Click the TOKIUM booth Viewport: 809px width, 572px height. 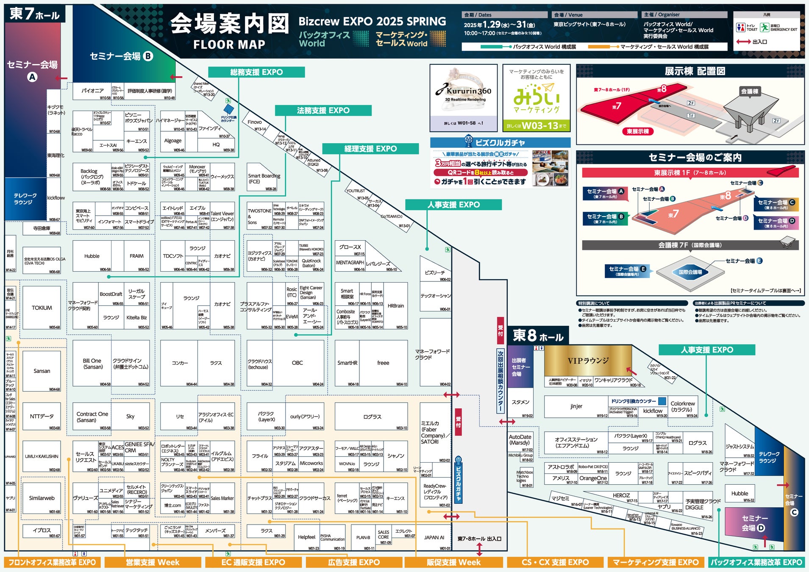42,308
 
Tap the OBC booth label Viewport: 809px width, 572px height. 297,363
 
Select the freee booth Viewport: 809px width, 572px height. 383,363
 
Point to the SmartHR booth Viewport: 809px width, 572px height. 347,363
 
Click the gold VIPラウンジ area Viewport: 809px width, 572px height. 588,361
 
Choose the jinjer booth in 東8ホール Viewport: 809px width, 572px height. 576,406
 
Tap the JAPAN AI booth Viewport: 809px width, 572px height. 434,537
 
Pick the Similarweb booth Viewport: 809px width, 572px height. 42,498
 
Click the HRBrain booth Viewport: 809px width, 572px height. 396,305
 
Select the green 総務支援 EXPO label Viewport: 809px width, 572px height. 256,72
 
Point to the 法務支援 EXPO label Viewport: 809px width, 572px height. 323,111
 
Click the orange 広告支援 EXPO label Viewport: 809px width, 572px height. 354,562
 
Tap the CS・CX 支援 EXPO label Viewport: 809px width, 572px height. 555,562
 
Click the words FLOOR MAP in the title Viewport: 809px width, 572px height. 229,44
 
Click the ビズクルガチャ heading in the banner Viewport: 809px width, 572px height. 500,143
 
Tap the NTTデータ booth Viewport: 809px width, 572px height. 42,417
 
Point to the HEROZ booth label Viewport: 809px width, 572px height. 621,495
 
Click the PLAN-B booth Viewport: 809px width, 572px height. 363,537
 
